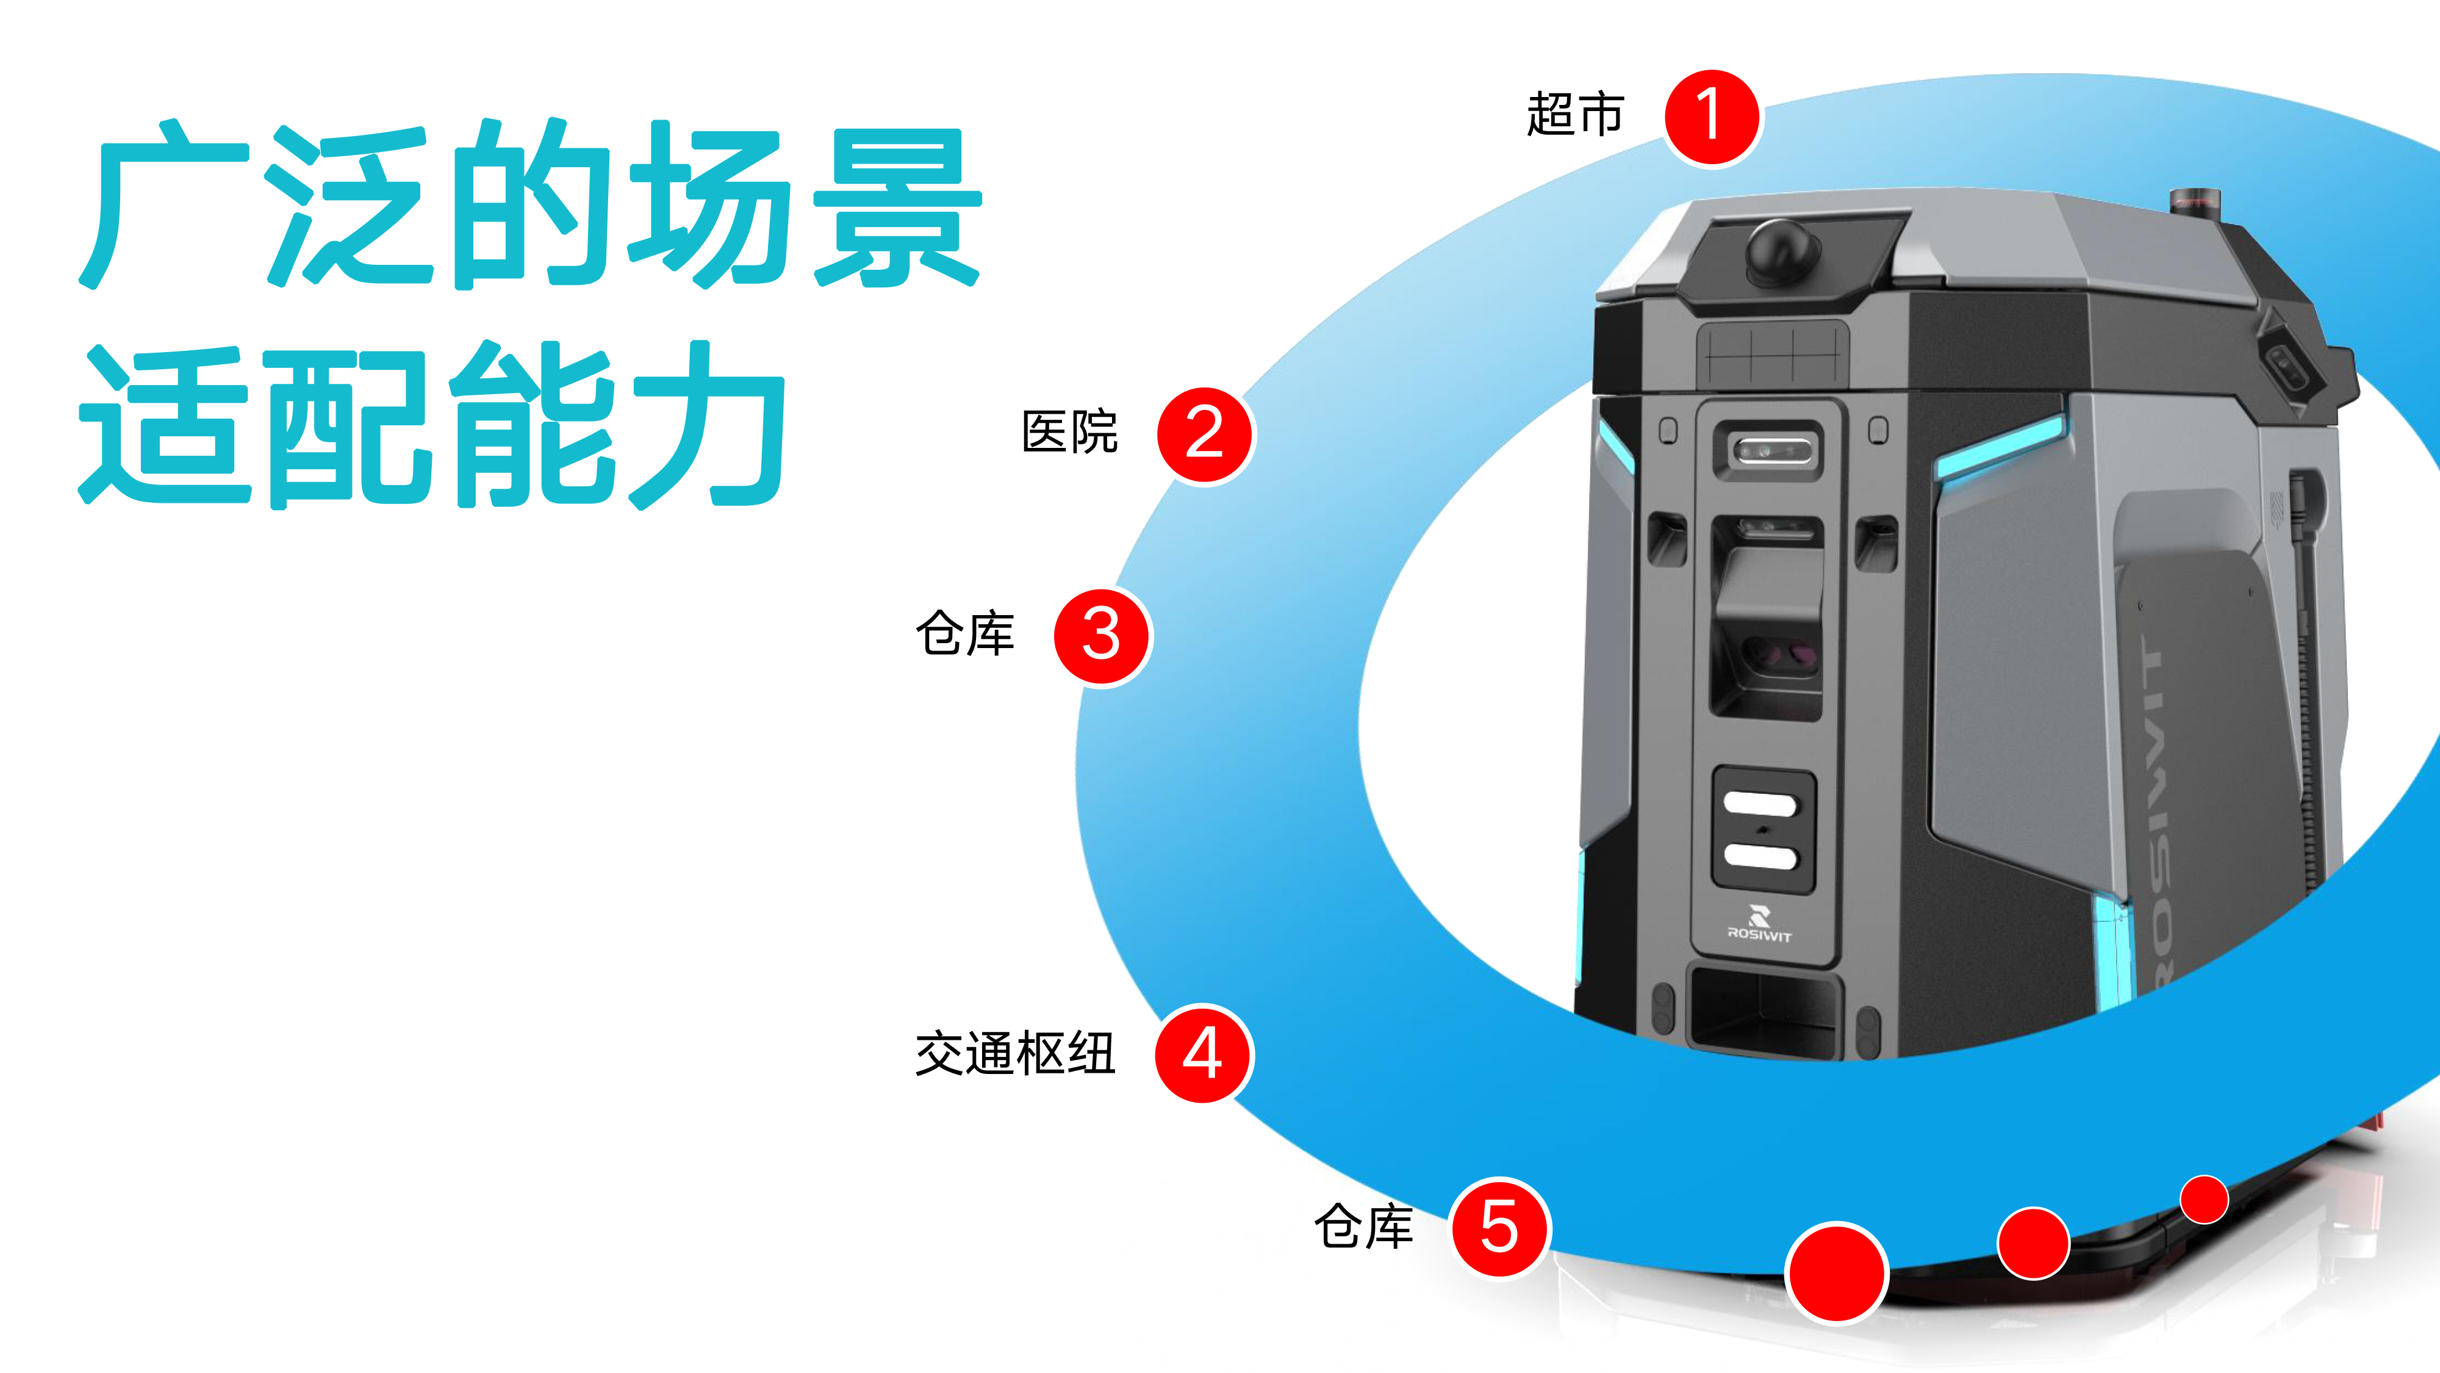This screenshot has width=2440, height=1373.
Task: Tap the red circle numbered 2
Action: pos(1205,435)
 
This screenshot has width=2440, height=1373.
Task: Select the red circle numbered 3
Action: pos(1102,636)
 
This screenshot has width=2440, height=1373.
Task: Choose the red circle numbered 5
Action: pos(1499,1227)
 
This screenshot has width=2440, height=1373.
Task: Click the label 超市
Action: pos(1575,115)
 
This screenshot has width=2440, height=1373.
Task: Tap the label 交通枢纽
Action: pos(1014,1054)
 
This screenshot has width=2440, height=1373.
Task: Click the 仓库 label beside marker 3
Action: pos(964,634)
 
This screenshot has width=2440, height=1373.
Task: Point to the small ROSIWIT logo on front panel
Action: pos(1759,925)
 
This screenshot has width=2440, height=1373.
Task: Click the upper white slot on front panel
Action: pos(1760,804)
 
